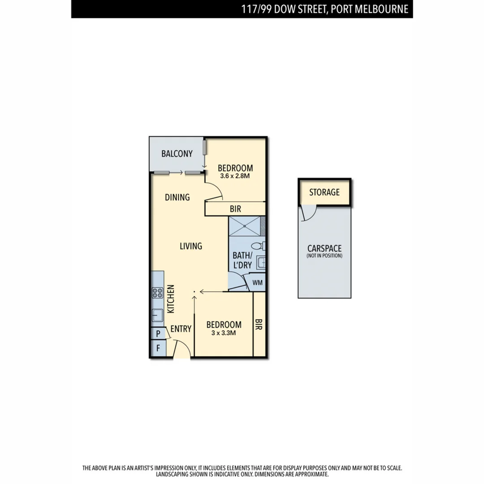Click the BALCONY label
click(177, 154)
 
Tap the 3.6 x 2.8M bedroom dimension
click(235, 176)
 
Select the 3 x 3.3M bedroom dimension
click(224, 333)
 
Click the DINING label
click(177, 197)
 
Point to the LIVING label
click(191, 246)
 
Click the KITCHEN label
click(170, 299)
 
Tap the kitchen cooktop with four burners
click(157, 293)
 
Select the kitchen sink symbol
click(157, 315)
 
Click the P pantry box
click(158, 334)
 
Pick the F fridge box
click(158, 348)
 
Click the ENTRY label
click(181, 329)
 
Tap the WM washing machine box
click(257, 283)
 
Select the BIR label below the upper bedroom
click(235, 209)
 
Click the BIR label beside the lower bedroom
click(259, 325)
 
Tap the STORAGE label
click(324, 192)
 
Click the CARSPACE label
click(324, 248)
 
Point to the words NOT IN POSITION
click(324, 256)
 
